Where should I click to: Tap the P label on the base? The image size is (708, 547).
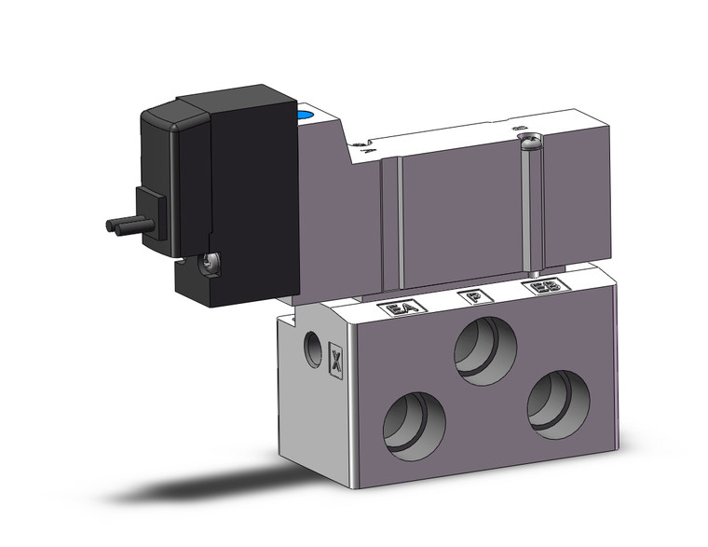(475, 297)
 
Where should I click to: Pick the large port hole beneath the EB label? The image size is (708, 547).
(559, 402)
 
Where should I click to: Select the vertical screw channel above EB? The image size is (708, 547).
(530, 210)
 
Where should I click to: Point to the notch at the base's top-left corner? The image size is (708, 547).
(291, 320)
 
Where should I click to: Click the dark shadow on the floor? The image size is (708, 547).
(214, 485)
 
